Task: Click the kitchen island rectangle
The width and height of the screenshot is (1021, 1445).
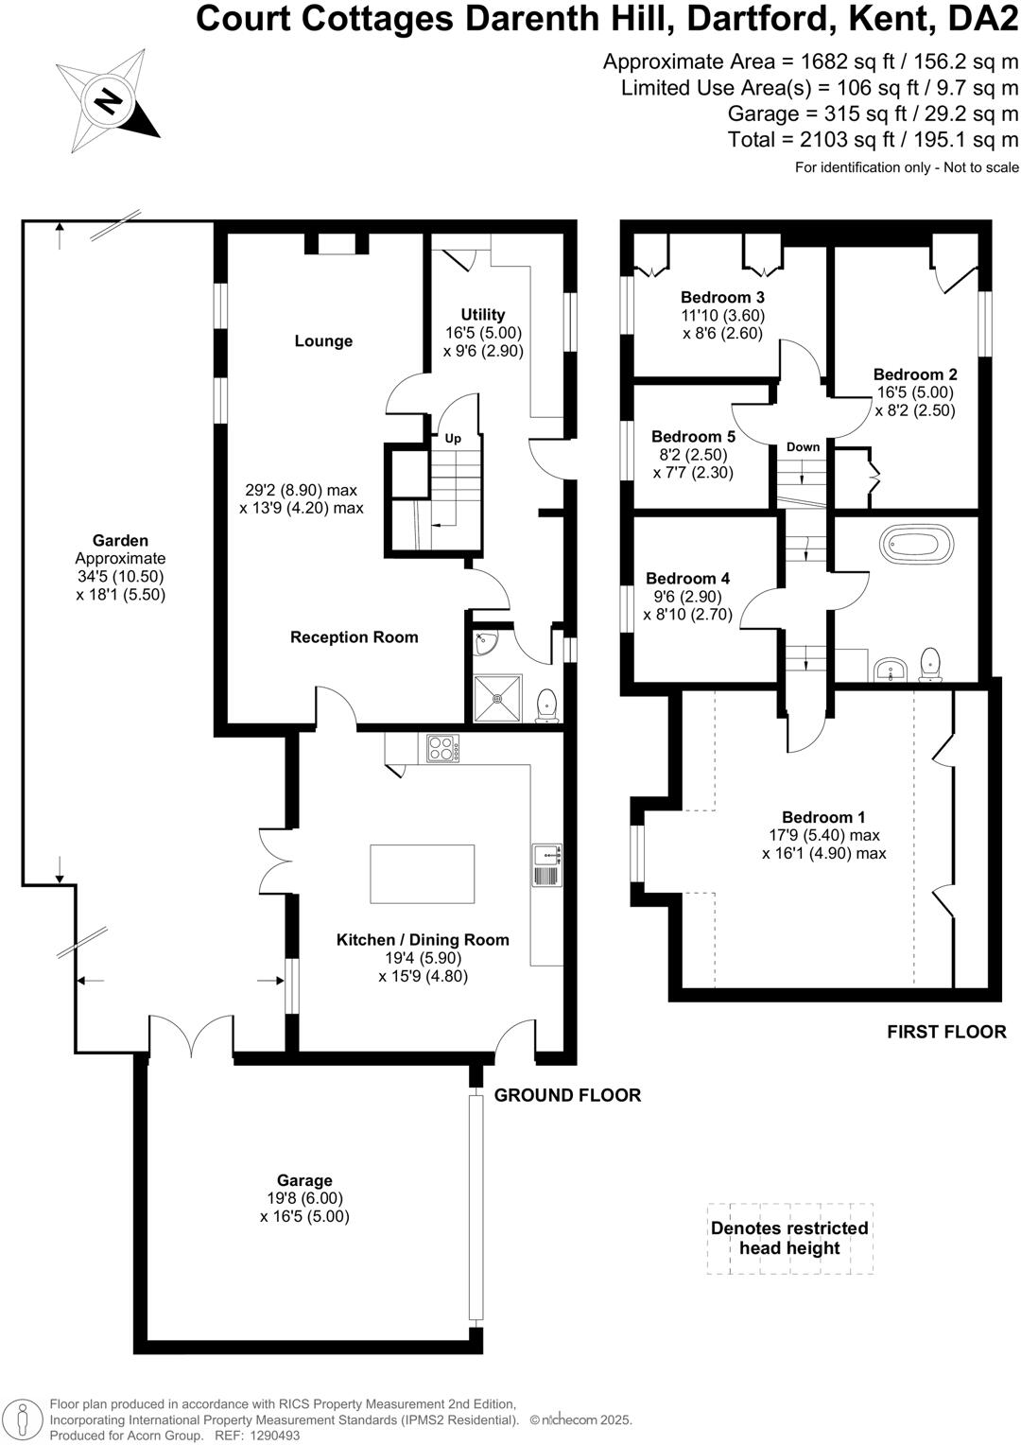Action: tap(422, 874)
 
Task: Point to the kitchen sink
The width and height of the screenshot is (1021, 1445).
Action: tap(546, 856)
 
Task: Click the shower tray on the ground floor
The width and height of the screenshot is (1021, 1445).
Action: tap(497, 699)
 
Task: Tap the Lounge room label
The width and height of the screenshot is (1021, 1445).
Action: tap(323, 341)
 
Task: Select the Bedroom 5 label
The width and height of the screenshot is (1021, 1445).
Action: tap(693, 437)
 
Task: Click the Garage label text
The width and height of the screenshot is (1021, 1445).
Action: tap(304, 1180)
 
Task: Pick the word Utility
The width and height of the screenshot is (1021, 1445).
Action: tap(483, 315)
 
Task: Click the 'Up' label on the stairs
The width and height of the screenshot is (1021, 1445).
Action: tap(453, 439)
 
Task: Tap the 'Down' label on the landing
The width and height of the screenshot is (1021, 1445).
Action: tap(803, 447)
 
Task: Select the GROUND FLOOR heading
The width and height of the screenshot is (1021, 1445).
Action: tap(567, 1095)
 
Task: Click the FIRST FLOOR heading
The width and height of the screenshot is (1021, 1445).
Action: tap(946, 1032)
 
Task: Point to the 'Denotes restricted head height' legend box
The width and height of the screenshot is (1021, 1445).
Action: tap(789, 1238)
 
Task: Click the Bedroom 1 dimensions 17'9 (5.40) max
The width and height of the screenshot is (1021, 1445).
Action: tap(824, 835)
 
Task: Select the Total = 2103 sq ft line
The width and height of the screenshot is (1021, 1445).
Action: tap(873, 140)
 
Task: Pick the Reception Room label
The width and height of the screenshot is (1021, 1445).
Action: tap(354, 637)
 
